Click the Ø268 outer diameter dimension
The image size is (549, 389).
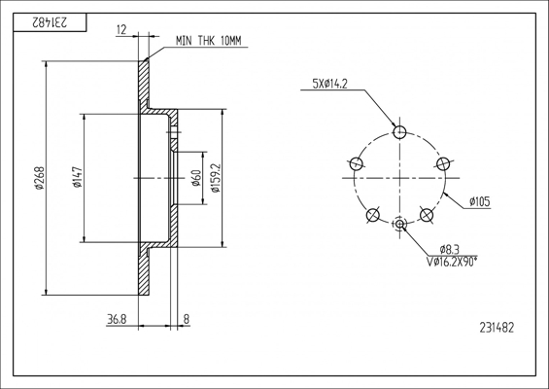tap(40, 178)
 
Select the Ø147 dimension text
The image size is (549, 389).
tap(78, 177)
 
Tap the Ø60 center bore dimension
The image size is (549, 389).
tap(196, 178)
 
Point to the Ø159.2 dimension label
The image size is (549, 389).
tap(216, 178)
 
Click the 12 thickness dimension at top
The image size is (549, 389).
tap(121, 30)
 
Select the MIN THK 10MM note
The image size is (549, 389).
tap(209, 41)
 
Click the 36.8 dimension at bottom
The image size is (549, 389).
tap(117, 319)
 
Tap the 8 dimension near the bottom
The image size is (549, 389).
tap(187, 319)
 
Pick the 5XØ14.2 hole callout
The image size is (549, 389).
tap(329, 84)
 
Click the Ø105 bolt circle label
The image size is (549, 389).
tap(480, 202)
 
